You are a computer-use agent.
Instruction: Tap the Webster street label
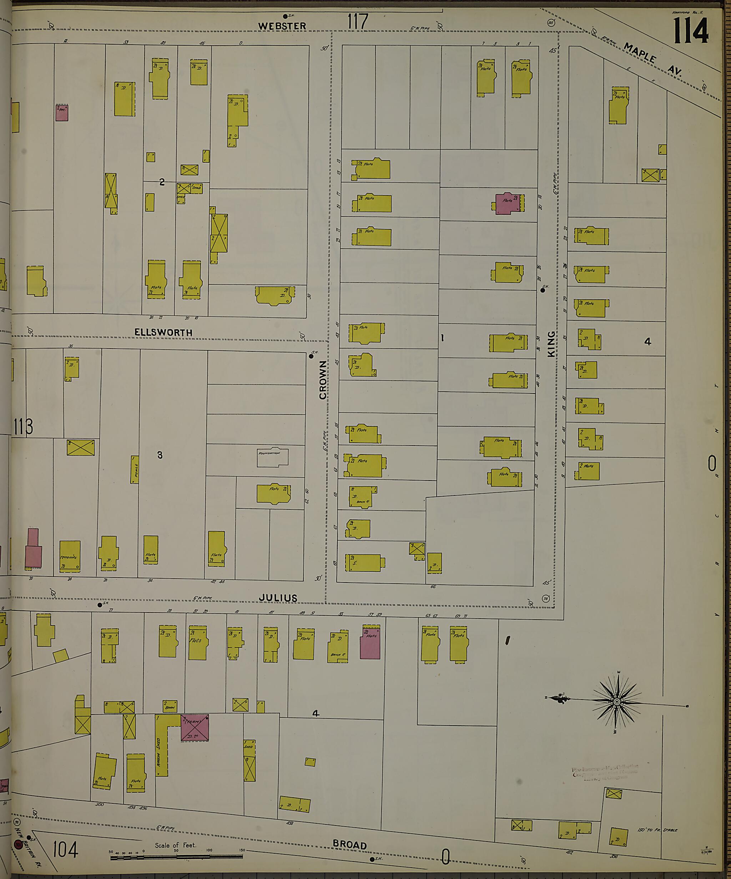(282, 26)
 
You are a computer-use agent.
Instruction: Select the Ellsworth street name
(163, 332)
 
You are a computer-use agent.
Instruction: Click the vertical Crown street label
(323, 380)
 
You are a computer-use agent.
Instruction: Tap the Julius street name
(278, 598)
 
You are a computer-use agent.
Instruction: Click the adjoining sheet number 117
(357, 22)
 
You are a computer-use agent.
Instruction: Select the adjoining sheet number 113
(23, 427)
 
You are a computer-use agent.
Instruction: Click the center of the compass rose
(617, 702)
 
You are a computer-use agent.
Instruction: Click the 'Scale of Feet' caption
(175, 845)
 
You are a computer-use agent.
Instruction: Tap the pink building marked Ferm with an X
(195, 727)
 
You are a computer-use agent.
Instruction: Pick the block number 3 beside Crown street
(160, 455)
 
